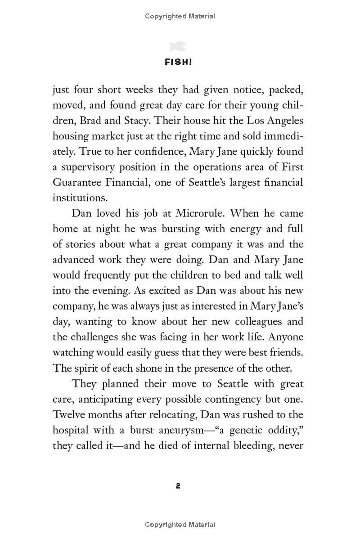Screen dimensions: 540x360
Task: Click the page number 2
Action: (x=178, y=486)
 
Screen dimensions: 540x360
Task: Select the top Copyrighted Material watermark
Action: (x=180, y=16)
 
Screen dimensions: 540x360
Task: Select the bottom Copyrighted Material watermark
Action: (x=180, y=525)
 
